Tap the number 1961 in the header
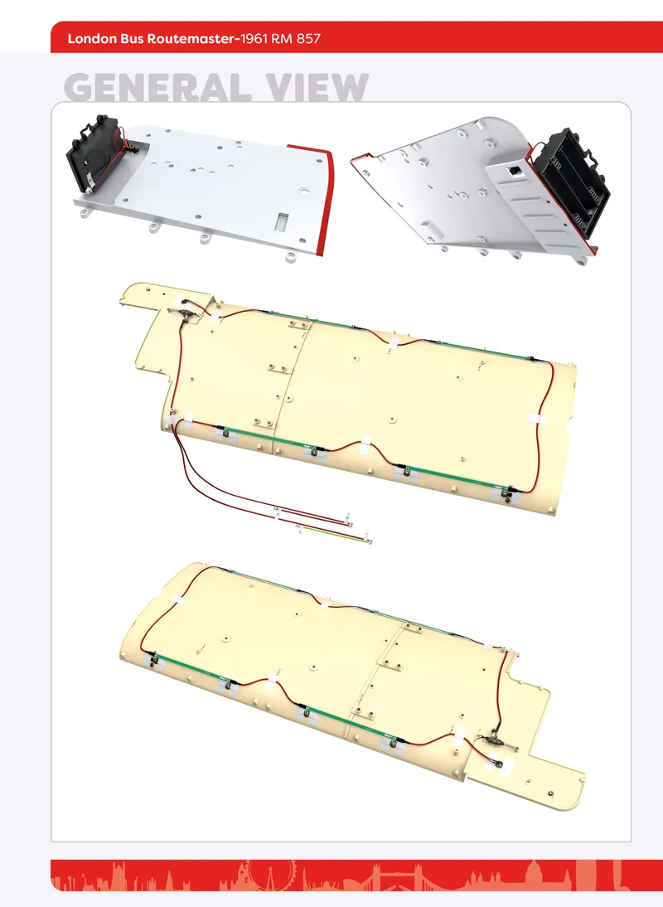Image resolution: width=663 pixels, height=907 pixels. [x=254, y=39]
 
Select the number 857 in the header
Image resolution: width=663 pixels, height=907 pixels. [x=308, y=39]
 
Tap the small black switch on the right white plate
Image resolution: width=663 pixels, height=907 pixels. [x=512, y=171]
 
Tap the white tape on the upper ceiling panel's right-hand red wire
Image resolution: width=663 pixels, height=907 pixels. [x=536, y=418]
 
